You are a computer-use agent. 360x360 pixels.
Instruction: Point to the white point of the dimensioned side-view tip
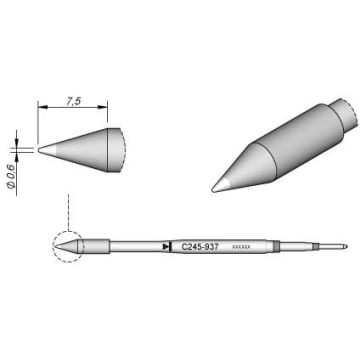42,150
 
